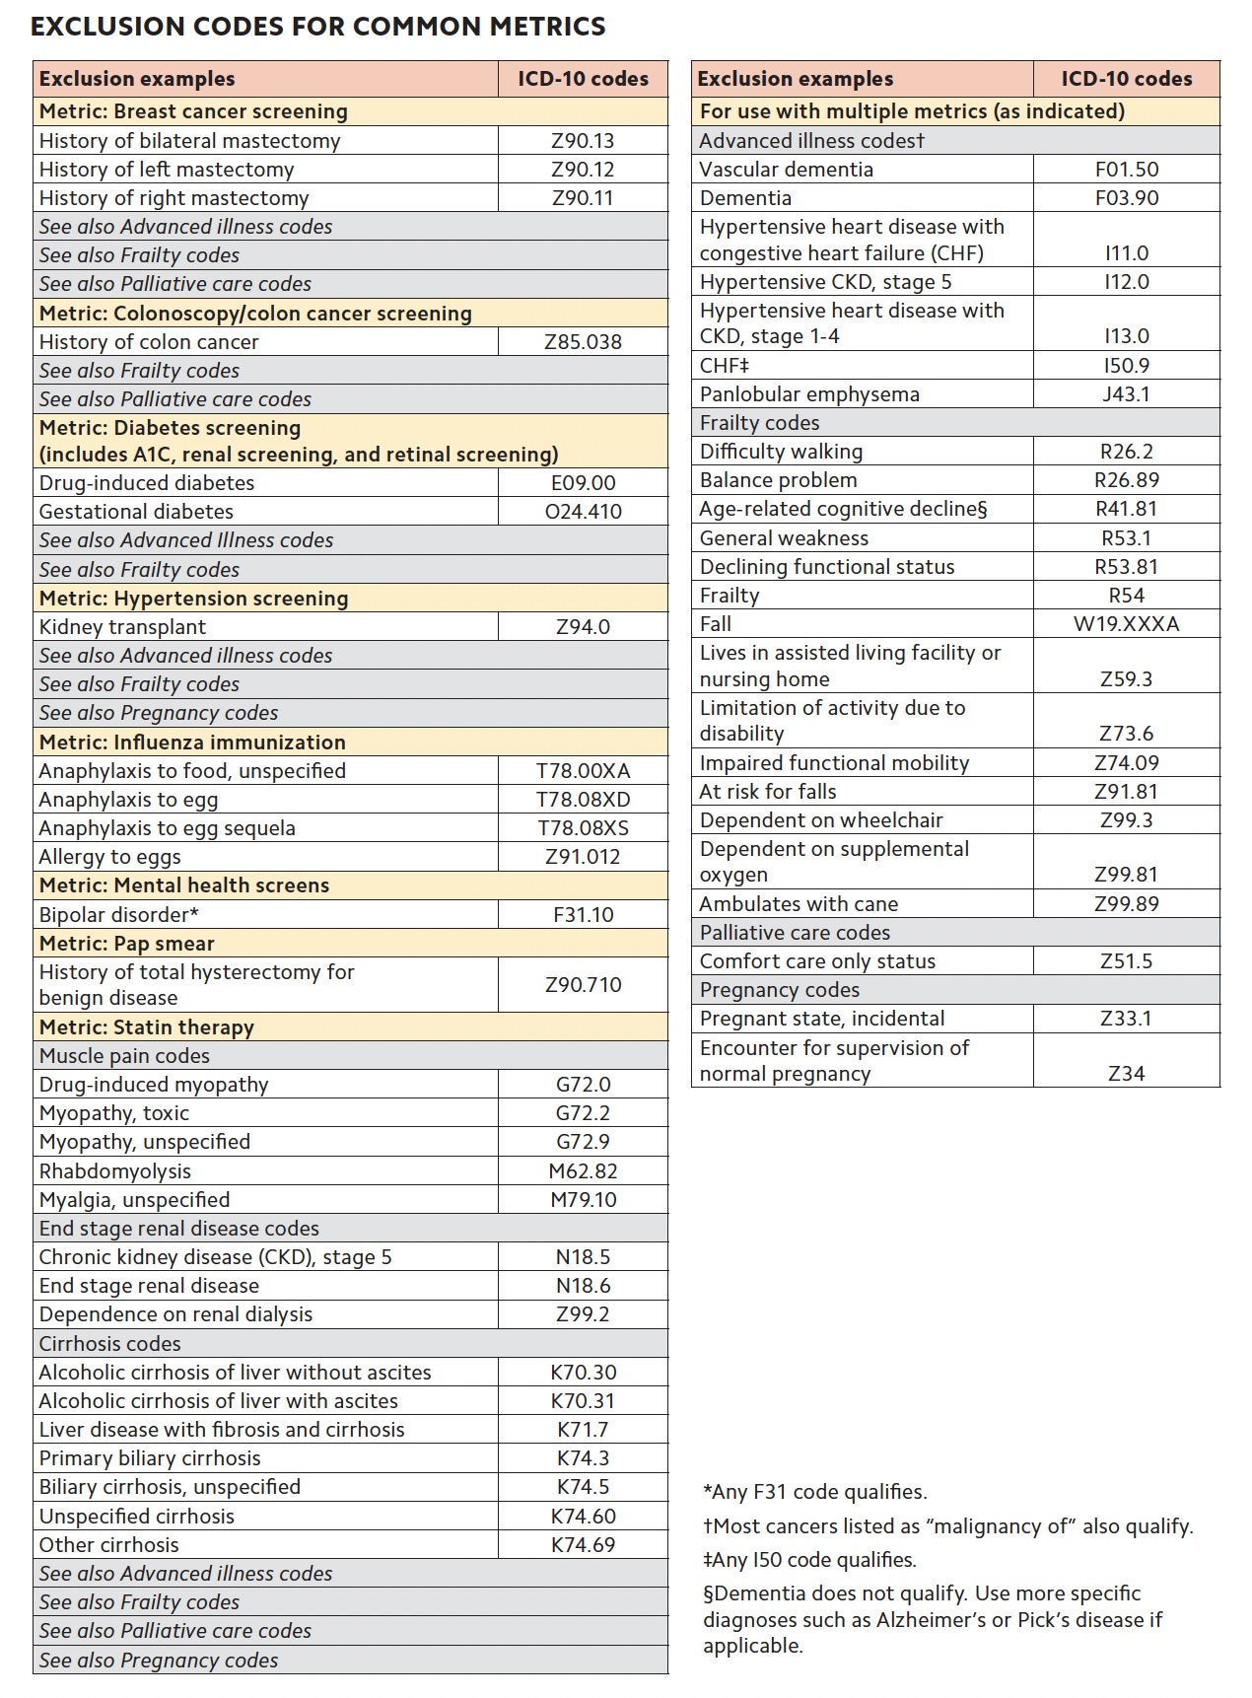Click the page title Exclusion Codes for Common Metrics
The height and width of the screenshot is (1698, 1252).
[x=318, y=27]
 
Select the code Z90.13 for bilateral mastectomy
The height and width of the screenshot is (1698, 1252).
[x=583, y=141]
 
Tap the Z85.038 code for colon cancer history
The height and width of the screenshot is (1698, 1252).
[x=583, y=342]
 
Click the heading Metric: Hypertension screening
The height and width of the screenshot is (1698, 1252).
[x=194, y=599]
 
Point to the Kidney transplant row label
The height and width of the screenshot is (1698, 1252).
[x=123, y=627]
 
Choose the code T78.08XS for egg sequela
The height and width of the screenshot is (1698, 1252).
[x=583, y=828]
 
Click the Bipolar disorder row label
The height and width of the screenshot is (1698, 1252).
[x=119, y=914]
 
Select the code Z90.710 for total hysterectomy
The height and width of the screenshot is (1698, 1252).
[x=583, y=984]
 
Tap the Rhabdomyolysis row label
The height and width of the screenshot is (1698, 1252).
[x=115, y=1171]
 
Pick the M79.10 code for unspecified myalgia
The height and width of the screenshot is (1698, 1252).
[x=583, y=1200]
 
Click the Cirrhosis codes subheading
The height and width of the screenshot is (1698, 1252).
[x=110, y=1344]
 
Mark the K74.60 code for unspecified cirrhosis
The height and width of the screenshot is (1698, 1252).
[x=583, y=1517]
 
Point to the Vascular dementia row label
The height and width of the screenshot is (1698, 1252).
[x=786, y=170]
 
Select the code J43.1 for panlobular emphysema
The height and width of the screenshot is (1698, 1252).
[x=1126, y=394]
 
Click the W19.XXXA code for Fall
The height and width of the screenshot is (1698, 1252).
[x=1126, y=624]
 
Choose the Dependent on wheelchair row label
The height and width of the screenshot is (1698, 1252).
[x=821, y=820]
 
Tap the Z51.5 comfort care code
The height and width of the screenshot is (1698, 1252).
[x=1126, y=961]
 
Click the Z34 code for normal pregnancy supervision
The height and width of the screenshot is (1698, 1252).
[x=1126, y=1074]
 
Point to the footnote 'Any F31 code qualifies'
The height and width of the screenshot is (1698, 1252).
[x=815, y=1492]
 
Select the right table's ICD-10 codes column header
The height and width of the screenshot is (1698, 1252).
[x=1126, y=79]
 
